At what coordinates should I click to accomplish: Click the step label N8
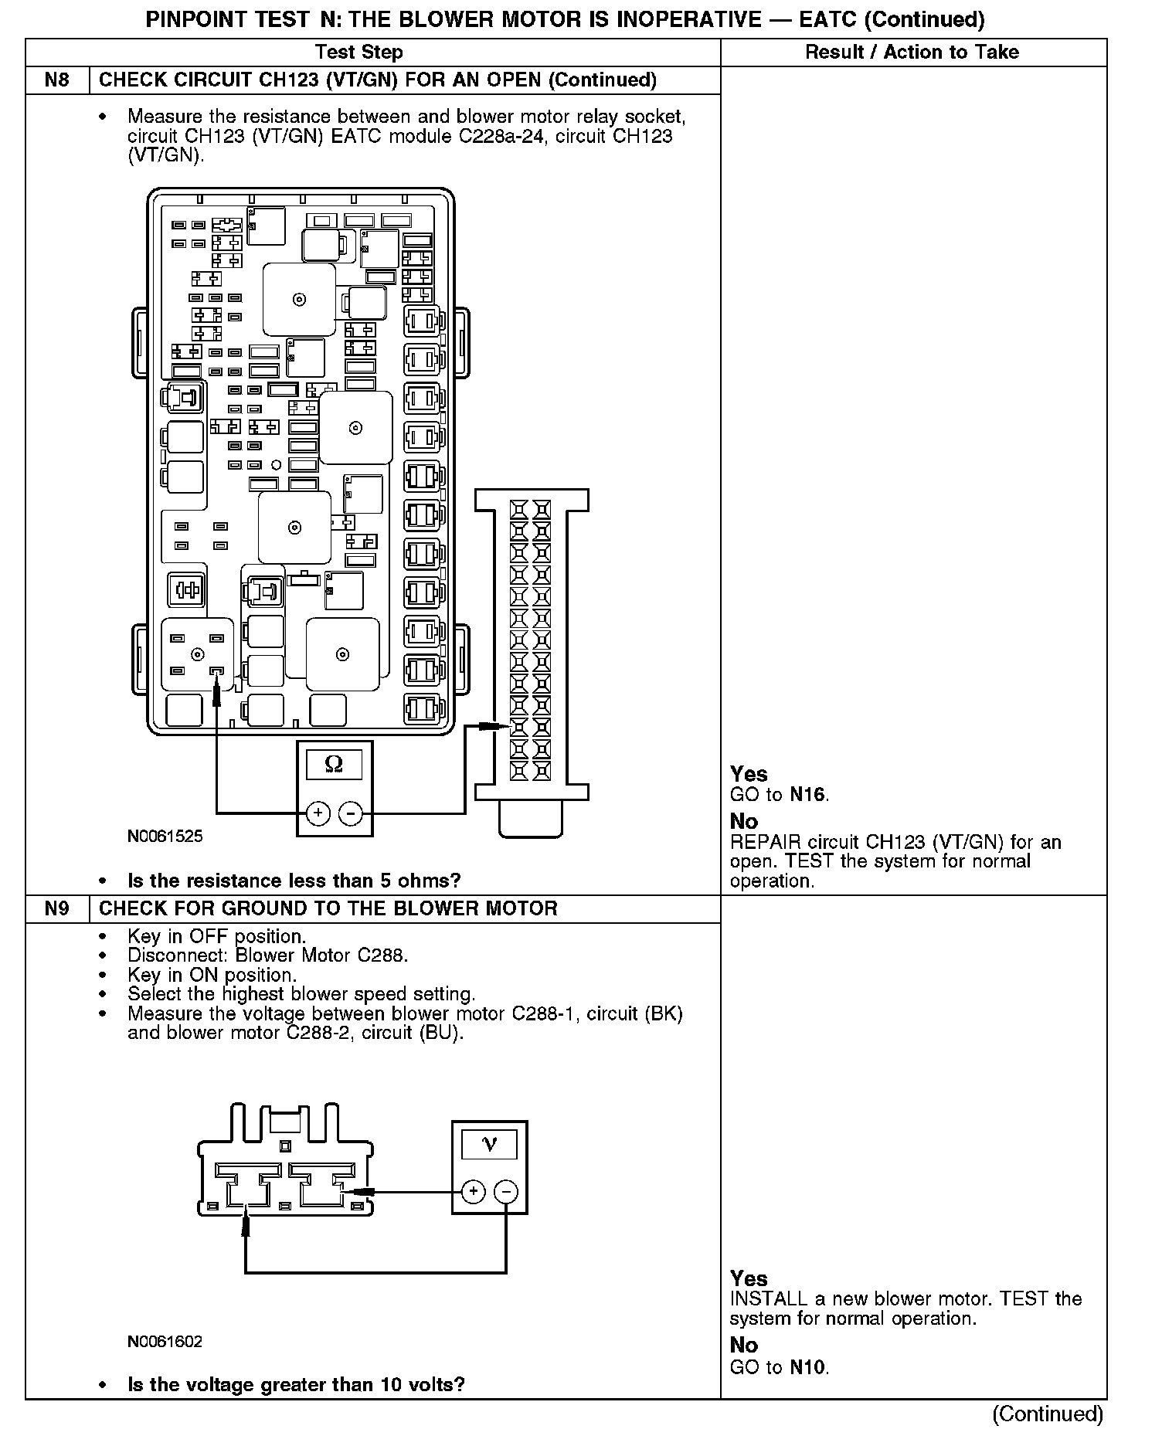click(57, 80)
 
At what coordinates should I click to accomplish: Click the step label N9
click(57, 908)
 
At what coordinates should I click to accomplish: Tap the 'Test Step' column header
click(358, 53)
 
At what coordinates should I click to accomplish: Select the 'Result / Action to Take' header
click(912, 53)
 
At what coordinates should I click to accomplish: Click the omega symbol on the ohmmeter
click(335, 765)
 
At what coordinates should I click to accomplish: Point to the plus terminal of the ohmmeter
click(318, 813)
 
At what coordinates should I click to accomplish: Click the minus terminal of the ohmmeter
click(351, 813)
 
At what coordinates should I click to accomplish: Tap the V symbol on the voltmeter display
click(489, 1144)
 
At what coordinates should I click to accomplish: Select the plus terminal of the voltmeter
click(473, 1192)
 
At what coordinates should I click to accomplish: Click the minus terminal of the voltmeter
click(506, 1192)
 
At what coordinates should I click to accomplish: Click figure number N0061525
click(165, 836)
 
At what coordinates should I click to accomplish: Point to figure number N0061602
click(165, 1341)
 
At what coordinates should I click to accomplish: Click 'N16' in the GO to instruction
click(807, 794)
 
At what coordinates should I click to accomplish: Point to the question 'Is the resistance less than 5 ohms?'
click(294, 881)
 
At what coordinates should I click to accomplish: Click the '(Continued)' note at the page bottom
click(1047, 1414)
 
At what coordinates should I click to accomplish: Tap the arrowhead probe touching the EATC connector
click(494, 726)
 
